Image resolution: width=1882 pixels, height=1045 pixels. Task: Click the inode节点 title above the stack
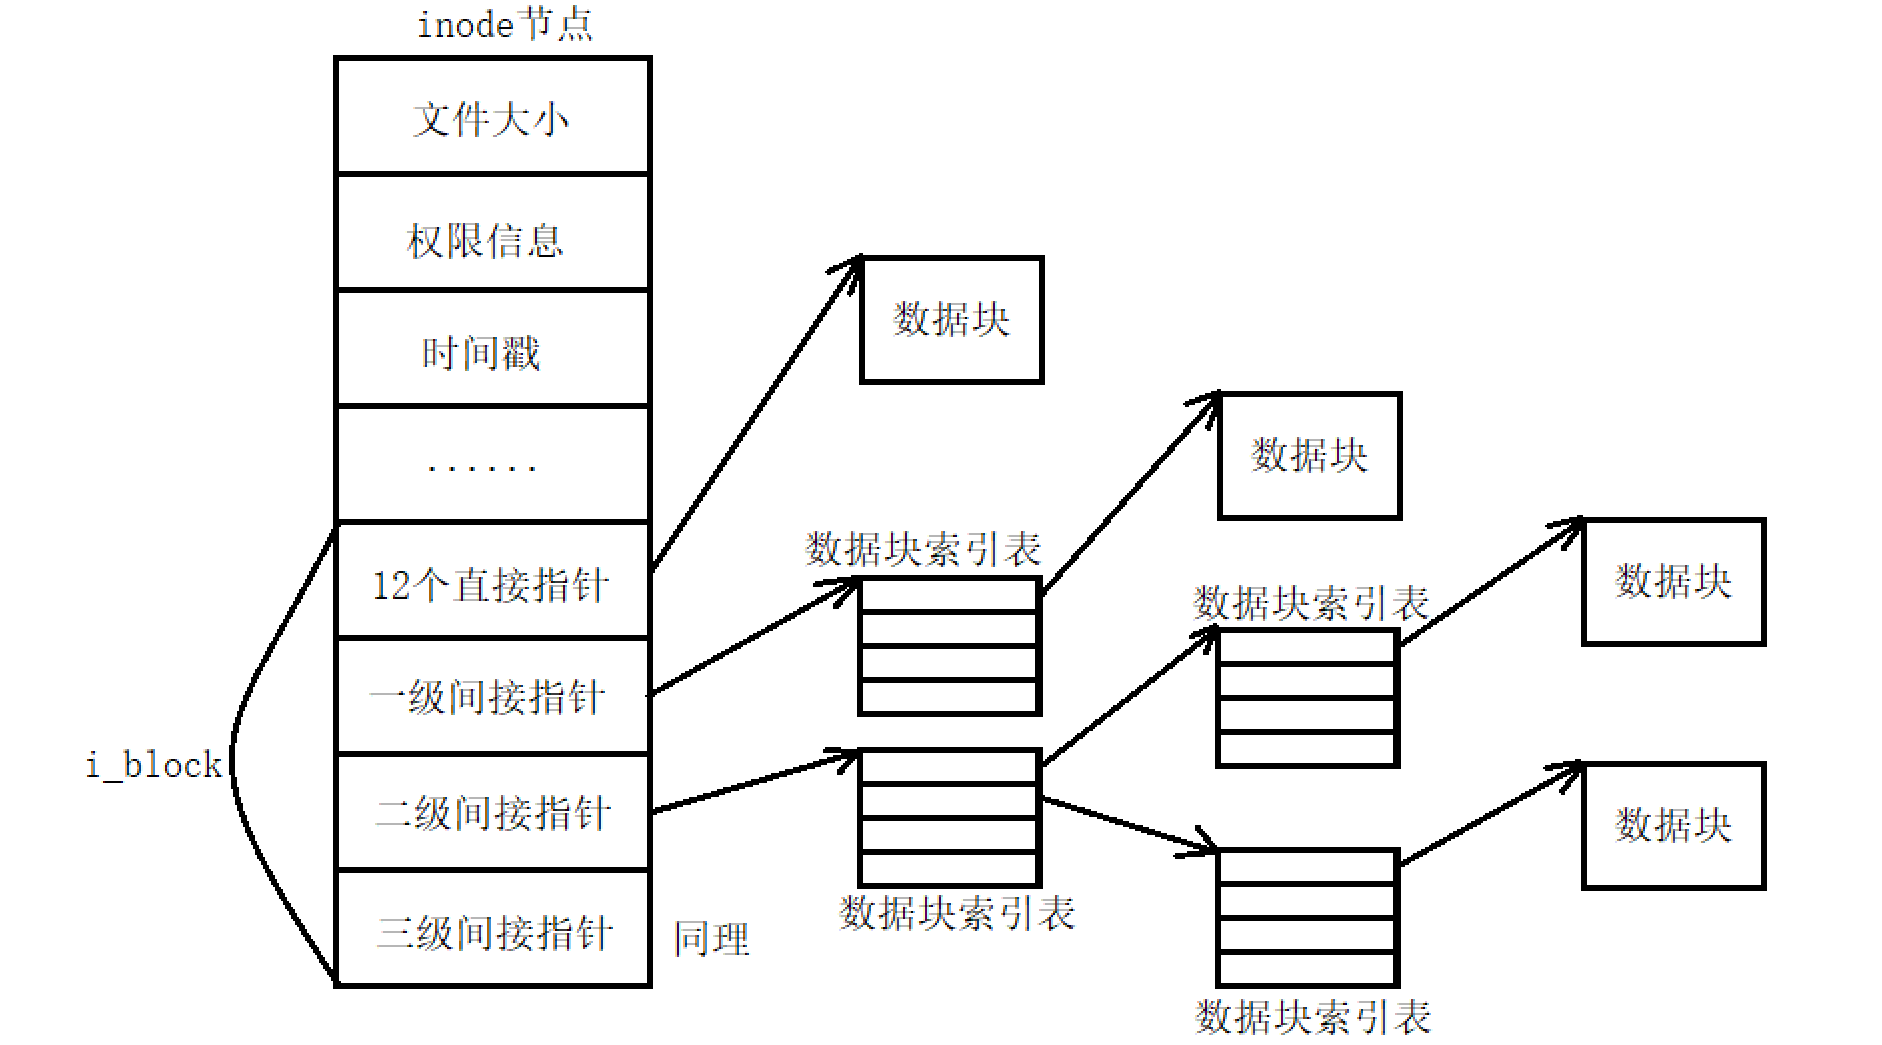click(504, 25)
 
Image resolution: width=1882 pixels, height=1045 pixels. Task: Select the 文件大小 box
click(492, 117)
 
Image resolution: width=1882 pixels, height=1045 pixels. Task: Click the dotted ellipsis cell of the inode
click(492, 465)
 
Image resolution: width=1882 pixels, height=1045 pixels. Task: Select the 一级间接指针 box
click(492, 697)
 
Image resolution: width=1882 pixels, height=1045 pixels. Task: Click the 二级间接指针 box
click(492, 813)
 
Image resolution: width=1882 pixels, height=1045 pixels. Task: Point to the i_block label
click(153, 766)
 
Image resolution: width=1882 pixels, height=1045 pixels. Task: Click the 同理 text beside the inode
click(711, 939)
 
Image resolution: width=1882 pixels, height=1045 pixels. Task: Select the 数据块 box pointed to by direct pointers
click(951, 320)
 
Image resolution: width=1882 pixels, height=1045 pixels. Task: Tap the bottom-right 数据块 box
click(1673, 826)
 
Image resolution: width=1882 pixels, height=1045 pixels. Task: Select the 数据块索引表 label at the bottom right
click(1313, 1017)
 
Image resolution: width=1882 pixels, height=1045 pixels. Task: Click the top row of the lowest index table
click(1306, 868)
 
